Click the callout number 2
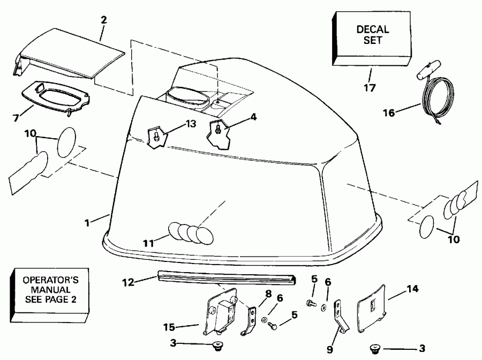[103, 20]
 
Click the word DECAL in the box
[373, 29]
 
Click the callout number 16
[390, 112]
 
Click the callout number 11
[149, 243]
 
